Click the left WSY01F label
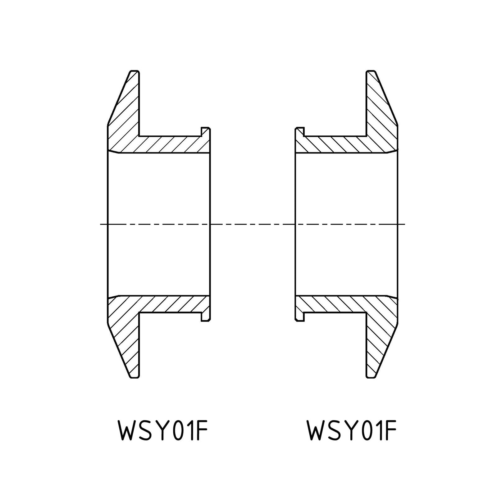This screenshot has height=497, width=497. coord(162,430)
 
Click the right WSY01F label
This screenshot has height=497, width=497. coord(352,430)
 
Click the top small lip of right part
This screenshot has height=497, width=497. coord(299,132)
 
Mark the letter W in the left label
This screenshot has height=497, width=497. coord(128,430)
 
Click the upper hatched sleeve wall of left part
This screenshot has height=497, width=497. coord(174,144)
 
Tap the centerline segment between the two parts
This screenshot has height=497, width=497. coord(253,224)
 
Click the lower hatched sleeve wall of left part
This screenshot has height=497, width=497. coord(174,304)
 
